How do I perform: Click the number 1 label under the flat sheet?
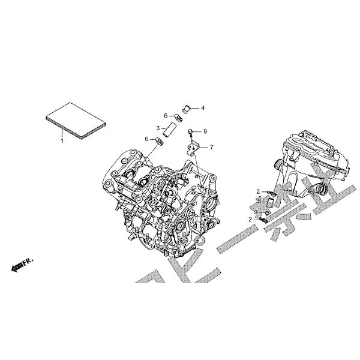(61, 140)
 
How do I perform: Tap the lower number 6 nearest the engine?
(146, 139)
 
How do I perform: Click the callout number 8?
(205, 131)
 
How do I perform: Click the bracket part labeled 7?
(193, 146)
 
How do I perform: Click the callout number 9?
(256, 212)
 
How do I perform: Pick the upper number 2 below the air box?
(257, 191)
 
